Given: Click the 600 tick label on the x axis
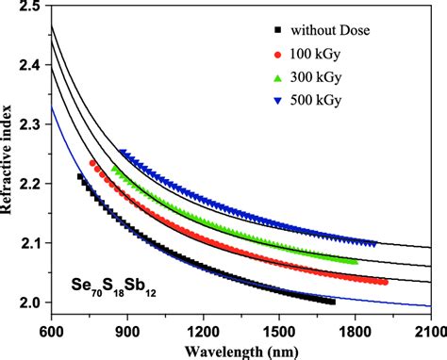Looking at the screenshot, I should point(51,331).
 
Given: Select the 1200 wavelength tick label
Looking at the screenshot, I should point(203,331).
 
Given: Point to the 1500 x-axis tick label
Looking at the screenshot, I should point(279,331).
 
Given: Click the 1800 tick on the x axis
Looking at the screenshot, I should point(356,331).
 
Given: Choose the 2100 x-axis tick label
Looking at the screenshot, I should point(429,331).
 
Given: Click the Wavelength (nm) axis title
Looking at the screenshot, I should point(240,350).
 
